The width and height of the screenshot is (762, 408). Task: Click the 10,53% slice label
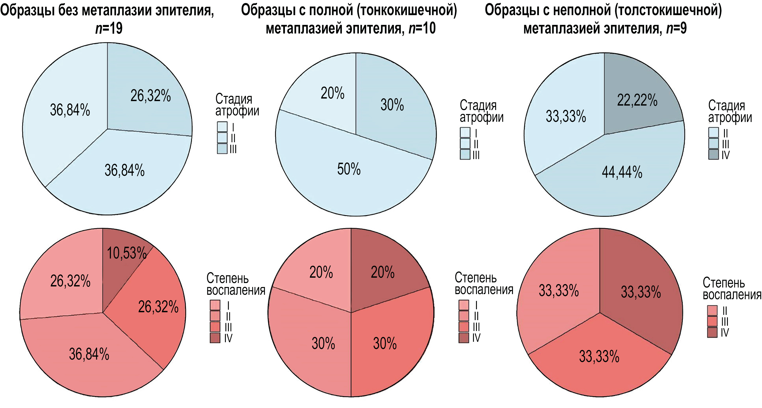127,253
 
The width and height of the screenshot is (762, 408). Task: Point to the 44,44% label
622,172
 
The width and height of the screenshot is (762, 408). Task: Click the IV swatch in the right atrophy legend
714,154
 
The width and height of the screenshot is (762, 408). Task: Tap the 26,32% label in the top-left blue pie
151,96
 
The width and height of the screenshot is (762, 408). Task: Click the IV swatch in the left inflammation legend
215,338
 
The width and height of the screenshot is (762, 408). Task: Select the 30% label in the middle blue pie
392,105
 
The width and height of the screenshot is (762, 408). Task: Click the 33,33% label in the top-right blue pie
566,116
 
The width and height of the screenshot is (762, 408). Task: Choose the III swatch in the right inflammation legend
712,321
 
